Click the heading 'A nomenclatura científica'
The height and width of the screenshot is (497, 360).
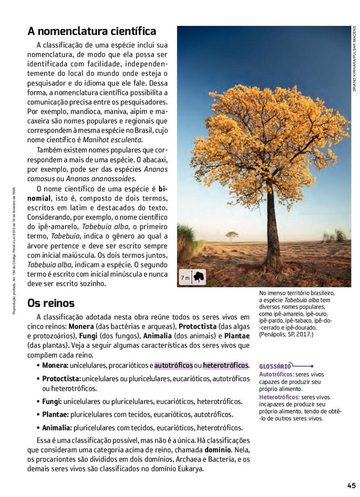pyautogui.click(x=92, y=31)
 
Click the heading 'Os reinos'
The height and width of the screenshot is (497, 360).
pyautogui.click(x=51, y=302)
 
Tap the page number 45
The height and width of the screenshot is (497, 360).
pyautogui.click(x=351, y=485)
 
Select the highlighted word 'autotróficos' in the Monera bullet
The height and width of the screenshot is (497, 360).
pyautogui.click(x=174, y=365)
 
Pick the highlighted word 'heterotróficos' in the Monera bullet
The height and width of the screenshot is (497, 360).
pyautogui.click(x=226, y=365)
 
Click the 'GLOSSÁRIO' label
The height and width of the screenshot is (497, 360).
pyautogui.click(x=275, y=366)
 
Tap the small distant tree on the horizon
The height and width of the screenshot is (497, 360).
pyautogui.click(x=232, y=235)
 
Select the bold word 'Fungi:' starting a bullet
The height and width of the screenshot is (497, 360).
pyautogui.click(x=52, y=401)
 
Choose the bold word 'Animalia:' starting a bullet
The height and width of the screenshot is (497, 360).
pyautogui.click(x=57, y=428)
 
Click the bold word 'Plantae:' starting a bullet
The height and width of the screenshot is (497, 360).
pyautogui.click(x=55, y=414)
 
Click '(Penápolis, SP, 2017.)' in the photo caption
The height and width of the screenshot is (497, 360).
pyautogui.click(x=286, y=334)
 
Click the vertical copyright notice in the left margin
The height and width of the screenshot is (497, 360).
pyautogui.click(x=15, y=249)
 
